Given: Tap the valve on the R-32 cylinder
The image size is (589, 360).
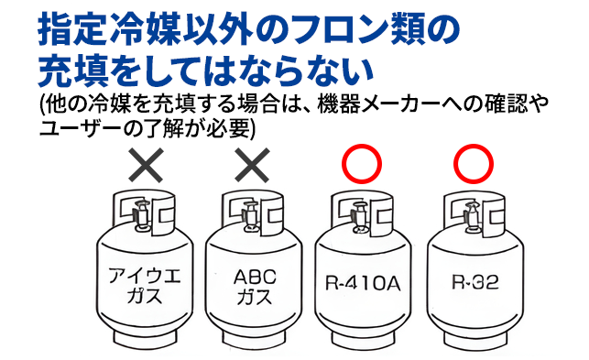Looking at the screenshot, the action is point(470,216).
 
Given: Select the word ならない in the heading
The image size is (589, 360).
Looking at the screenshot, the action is point(306,70).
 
